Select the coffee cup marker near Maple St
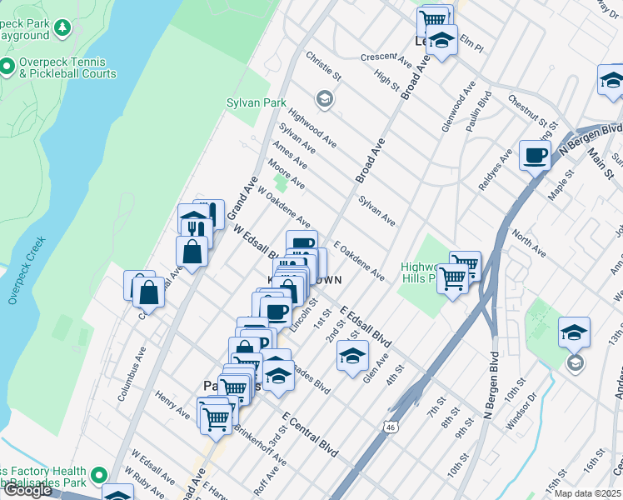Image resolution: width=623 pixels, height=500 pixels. (535, 154)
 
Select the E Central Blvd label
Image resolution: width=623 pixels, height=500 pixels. (310, 434)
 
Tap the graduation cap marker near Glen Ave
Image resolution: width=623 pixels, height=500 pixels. (352, 356)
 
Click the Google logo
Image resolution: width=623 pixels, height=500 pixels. (27, 490)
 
